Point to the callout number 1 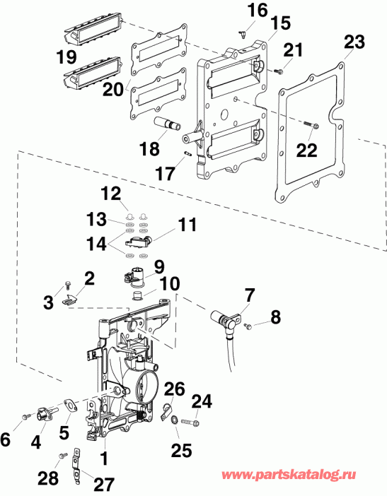coord(104,459)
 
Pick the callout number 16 coord(238,10)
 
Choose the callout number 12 coord(110,194)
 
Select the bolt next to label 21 coord(280,71)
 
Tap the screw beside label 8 coord(250,326)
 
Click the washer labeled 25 coord(174,422)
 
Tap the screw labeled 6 coord(27,417)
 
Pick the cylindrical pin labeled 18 coord(173,125)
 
